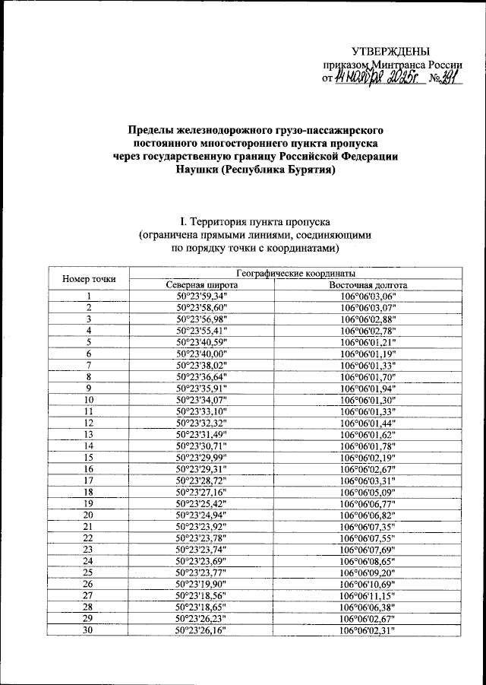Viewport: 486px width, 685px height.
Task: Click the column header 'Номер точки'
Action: [89, 278]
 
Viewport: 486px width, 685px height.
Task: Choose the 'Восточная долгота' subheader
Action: [368, 284]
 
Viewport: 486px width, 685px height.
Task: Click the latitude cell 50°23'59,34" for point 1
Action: [201, 296]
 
